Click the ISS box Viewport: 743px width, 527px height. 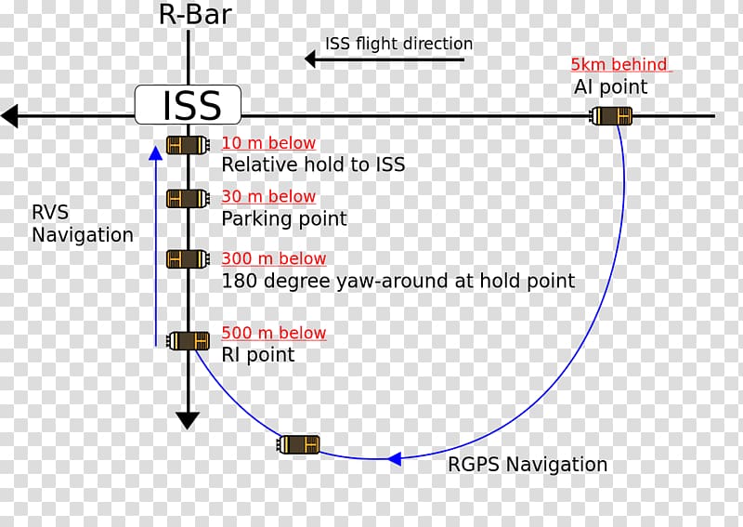click(189, 104)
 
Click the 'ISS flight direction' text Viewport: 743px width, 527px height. click(398, 44)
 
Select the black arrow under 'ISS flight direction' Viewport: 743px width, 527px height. click(385, 59)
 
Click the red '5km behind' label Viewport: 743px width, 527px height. click(619, 65)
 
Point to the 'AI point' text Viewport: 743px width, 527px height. click(610, 87)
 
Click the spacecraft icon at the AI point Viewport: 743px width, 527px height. click(612, 116)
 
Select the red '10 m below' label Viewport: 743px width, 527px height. click(268, 143)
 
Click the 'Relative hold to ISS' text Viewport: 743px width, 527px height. click(313, 165)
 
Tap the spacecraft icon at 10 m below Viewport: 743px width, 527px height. click(188, 145)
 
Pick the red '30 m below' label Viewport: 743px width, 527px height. click(268, 196)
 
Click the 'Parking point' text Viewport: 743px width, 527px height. click(283, 218)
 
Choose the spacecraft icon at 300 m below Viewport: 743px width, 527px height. click(187, 258)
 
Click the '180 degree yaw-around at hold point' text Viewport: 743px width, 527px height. click(398, 281)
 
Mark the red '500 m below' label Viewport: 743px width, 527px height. click(274, 333)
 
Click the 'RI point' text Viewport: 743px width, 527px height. click(257, 354)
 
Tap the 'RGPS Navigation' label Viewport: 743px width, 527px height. click(528, 465)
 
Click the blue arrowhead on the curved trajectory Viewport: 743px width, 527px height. click(394, 458)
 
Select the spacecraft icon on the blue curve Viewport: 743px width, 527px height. click(299, 444)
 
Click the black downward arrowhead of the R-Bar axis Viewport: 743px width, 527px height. click(188, 420)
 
